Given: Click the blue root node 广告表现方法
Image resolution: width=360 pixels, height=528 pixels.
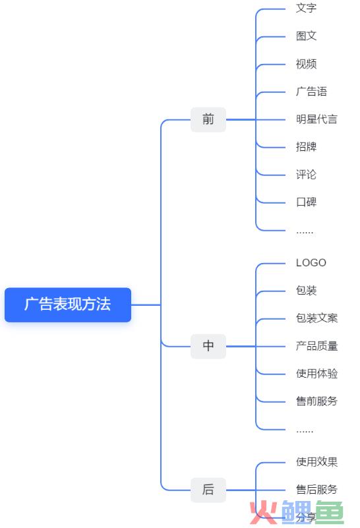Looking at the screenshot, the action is (68, 305).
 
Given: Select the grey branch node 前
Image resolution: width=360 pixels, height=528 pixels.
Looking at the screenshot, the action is (208, 119).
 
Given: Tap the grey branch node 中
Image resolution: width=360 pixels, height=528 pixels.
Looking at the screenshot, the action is (208, 346).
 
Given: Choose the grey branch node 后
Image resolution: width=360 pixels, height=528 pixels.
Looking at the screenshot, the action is (208, 490).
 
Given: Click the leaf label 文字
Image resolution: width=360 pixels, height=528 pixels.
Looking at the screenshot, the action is (306, 8).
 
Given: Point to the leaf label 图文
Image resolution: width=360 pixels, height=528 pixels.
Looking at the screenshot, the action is (306, 36).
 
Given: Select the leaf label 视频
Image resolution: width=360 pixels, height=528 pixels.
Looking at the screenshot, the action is (306, 64).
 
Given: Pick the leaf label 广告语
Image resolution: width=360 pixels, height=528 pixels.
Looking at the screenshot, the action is (311, 91).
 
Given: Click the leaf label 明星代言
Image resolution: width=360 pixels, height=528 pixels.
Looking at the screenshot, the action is (316, 119).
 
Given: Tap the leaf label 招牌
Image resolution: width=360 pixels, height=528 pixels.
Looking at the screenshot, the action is (306, 147).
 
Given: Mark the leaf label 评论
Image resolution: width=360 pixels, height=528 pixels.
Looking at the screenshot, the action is (306, 175).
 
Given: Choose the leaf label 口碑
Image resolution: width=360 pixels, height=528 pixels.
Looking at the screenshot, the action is (306, 202).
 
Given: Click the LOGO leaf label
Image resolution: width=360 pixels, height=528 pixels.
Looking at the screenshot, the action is (311, 262).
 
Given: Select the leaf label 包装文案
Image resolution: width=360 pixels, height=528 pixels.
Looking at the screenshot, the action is (316, 318).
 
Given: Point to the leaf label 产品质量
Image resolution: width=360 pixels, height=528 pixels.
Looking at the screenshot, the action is (316, 346).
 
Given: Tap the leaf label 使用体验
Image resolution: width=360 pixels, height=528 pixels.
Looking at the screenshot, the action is (316, 374).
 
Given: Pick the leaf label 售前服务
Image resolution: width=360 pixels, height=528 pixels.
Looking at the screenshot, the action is (316, 401).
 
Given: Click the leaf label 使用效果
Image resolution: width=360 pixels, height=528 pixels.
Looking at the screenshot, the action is (316, 462).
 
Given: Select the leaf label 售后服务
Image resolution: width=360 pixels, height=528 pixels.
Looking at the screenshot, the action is (316, 490).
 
